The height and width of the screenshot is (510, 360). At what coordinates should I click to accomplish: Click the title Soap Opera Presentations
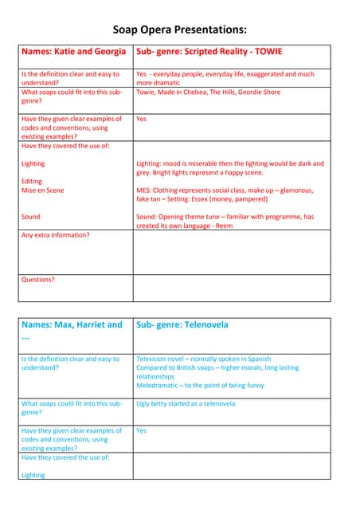(x=179, y=29)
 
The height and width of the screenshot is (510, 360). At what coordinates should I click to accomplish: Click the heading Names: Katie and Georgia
(x=73, y=52)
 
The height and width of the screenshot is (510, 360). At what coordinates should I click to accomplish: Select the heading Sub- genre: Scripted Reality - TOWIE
(x=209, y=52)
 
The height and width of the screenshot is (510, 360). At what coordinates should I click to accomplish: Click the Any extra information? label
(x=55, y=235)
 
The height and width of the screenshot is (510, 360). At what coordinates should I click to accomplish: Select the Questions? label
(x=38, y=280)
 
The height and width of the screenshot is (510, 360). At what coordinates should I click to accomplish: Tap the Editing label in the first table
(x=32, y=182)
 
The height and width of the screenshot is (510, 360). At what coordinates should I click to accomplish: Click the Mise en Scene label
(x=43, y=190)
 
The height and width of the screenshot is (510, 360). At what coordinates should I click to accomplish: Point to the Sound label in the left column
(x=30, y=217)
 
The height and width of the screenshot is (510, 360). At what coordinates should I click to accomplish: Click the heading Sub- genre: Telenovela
(x=182, y=325)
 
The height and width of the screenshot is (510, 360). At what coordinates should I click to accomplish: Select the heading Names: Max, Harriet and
(x=72, y=325)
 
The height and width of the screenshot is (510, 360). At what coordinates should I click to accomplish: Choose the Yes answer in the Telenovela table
(x=142, y=430)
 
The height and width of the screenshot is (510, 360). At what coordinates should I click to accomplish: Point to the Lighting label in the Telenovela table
(x=33, y=475)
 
